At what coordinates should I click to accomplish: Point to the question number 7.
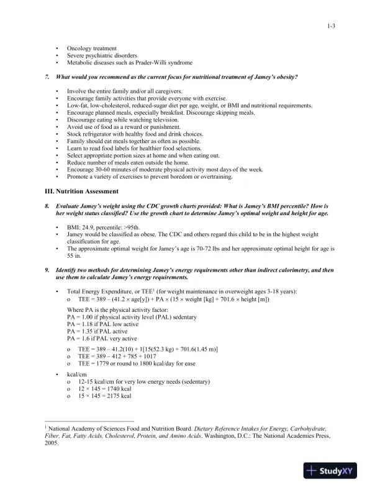pos(48,77)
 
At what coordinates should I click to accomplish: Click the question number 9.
pos(48,270)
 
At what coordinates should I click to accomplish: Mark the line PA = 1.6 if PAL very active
pos(102,339)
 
